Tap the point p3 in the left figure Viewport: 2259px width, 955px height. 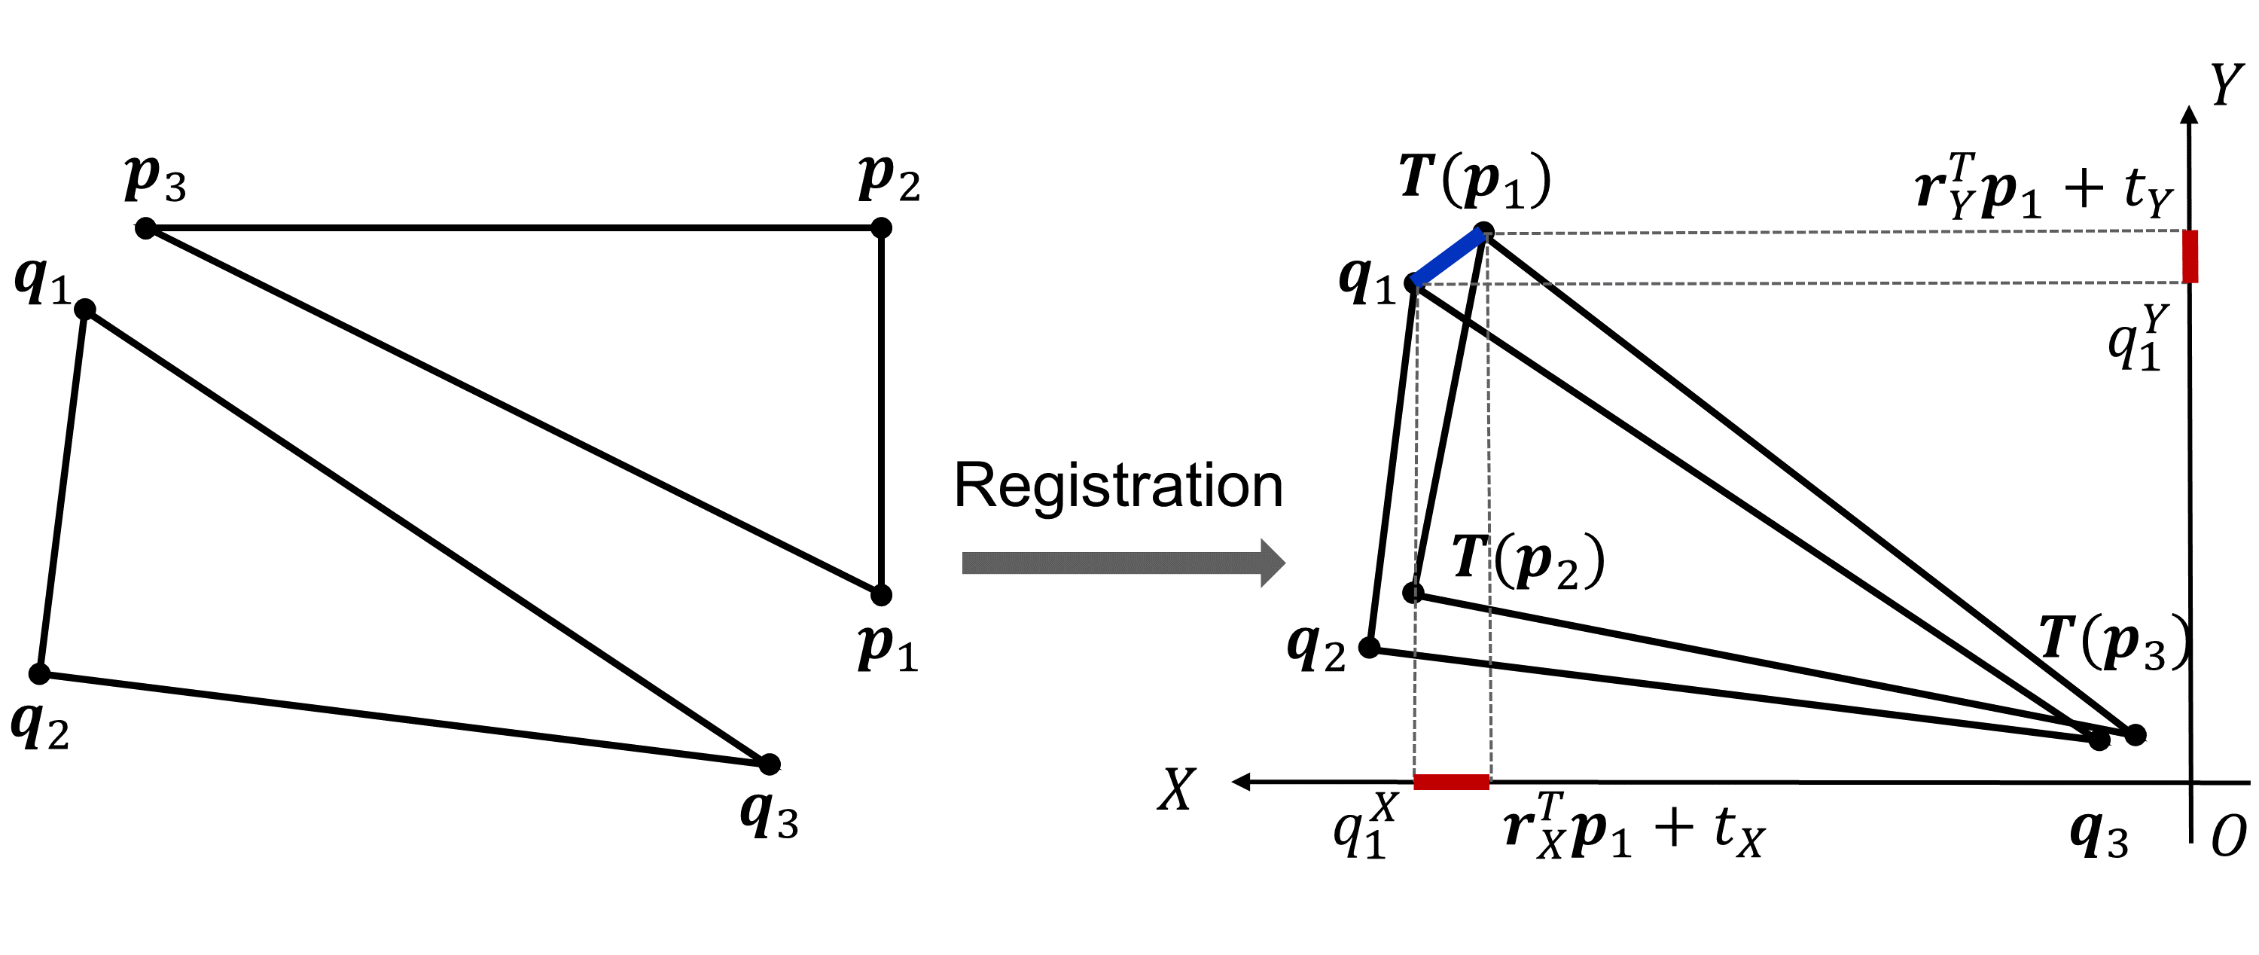pos(145,228)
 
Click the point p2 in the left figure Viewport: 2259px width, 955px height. pos(881,228)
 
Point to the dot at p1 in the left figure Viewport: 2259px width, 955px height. pos(881,594)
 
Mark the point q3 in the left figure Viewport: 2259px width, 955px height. pos(769,764)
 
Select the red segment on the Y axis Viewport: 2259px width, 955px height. pos(2190,256)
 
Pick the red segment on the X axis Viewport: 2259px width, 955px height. pos(1451,781)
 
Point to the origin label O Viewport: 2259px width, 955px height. pos(2228,837)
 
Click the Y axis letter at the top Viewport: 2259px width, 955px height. pos(2227,85)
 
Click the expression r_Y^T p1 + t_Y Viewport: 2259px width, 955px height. pos(2044,187)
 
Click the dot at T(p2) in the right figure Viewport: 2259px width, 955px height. pos(1413,592)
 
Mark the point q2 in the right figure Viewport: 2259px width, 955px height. pos(1369,647)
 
